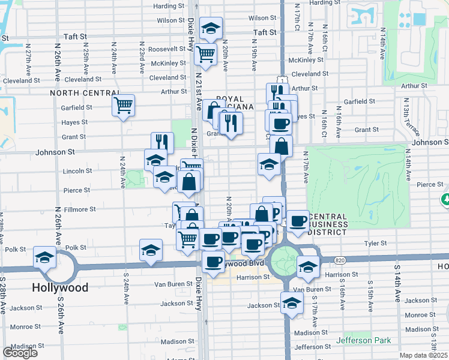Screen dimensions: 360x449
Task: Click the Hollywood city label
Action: (x=61, y=287)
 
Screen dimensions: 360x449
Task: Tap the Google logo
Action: (x=20, y=353)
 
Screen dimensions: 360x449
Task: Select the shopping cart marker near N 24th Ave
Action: (x=123, y=106)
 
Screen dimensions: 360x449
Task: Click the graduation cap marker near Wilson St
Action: (x=211, y=28)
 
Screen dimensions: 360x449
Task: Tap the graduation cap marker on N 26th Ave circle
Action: (x=44, y=257)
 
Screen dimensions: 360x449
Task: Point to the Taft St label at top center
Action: (x=265, y=32)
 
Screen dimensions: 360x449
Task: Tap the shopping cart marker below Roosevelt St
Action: (x=205, y=54)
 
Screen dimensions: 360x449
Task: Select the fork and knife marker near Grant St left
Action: (x=162, y=142)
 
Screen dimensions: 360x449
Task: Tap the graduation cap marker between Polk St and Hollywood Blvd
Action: (x=151, y=250)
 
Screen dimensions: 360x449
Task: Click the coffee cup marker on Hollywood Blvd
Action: (x=213, y=261)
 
